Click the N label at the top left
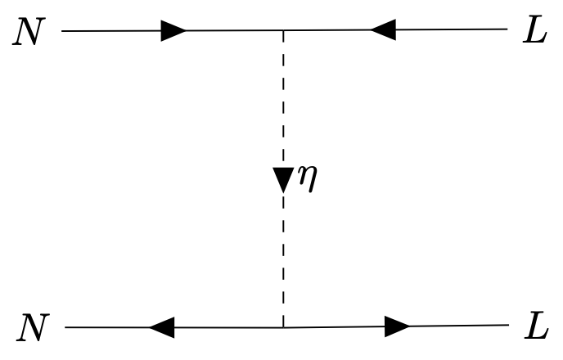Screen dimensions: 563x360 28,33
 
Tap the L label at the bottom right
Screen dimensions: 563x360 536,328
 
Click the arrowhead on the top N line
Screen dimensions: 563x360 173,31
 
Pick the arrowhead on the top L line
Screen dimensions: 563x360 383,30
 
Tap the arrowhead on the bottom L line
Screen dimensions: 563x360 398,327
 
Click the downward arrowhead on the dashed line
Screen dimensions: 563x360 283,179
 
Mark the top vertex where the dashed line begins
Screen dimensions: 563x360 283,31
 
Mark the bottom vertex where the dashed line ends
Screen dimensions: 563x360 283,327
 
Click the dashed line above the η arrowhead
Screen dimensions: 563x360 283,98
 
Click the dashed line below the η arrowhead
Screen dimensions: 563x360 283,262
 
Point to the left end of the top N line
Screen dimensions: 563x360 63,31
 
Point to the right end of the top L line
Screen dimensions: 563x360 507,29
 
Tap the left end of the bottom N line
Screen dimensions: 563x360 65,327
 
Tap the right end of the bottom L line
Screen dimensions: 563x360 507,326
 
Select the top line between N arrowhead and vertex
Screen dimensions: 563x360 233,31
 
